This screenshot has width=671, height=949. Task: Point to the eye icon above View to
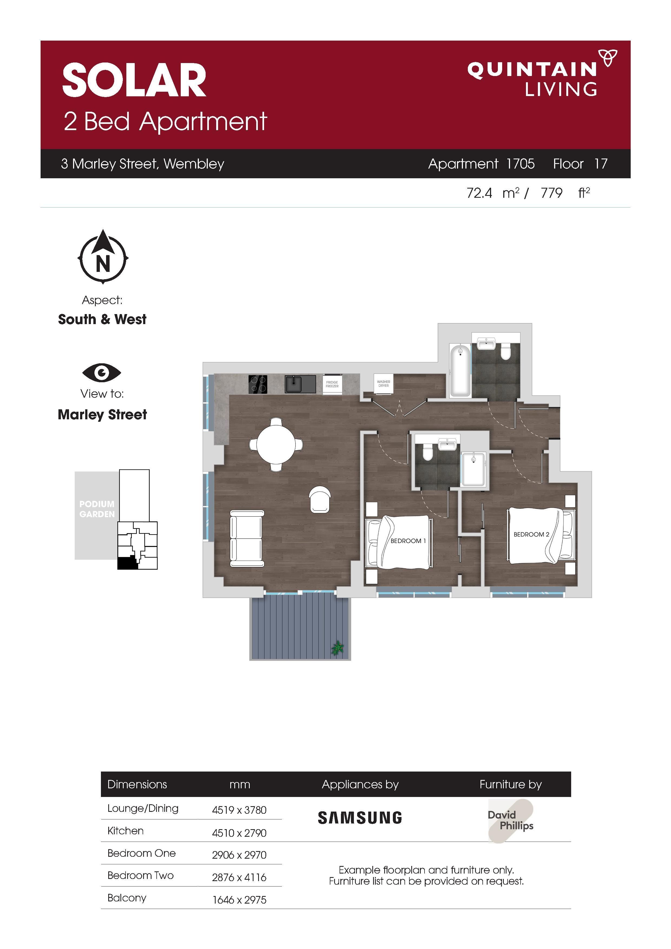[x=102, y=373]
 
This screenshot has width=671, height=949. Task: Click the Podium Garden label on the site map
[x=97, y=509]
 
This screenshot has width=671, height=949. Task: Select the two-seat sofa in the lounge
[x=247, y=539]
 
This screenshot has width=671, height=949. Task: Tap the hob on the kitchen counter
[x=258, y=384]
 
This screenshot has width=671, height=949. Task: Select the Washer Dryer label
[x=383, y=384]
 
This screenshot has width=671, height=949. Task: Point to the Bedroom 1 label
[x=408, y=541]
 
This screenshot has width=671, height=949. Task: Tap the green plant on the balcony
[x=338, y=648]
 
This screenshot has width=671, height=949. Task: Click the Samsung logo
[x=360, y=818]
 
